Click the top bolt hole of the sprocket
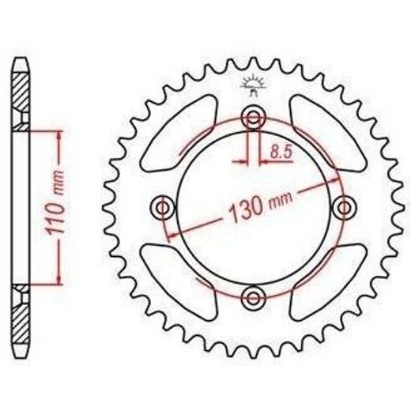point(254,118)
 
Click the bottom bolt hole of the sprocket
point(254,298)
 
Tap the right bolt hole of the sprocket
point(344,208)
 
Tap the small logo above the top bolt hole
point(253,85)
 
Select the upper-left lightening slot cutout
point(179,134)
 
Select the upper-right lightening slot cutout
point(328,134)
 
